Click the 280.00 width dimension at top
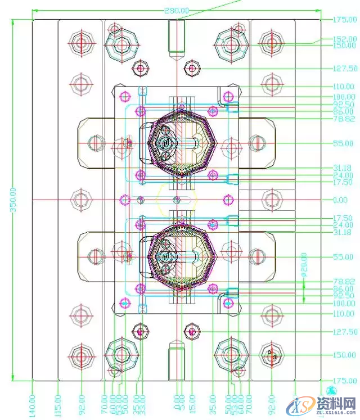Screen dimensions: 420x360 [x=177, y=11]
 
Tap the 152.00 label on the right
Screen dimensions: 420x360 [x=344, y=39]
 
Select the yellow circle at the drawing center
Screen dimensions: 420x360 [x=177, y=200]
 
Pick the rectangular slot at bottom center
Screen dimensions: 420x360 [x=177, y=360]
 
